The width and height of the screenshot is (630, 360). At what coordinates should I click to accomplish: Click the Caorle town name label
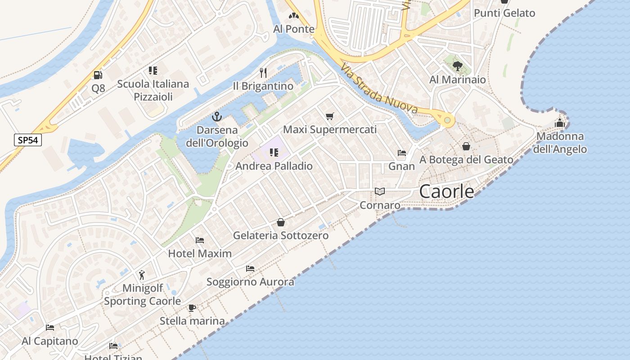(446, 192)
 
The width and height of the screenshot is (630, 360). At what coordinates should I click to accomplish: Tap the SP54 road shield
(27, 140)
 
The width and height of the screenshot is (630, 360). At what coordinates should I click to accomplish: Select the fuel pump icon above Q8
(98, 75)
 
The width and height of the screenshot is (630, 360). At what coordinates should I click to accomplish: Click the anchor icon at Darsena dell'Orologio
(217, 117)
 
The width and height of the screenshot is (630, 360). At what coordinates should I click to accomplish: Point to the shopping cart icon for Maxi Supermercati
(330, 117)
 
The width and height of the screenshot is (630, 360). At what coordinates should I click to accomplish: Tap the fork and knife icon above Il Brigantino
(263, 72)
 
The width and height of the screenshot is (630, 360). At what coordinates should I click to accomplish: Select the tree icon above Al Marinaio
(458, 66)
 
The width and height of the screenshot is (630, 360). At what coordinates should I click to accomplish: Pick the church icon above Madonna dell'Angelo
(560, 122)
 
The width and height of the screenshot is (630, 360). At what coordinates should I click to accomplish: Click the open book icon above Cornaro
(380, 192)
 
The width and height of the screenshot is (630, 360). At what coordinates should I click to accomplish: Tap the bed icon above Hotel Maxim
(200, 240)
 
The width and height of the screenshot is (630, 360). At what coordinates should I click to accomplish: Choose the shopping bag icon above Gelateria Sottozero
(281, 222)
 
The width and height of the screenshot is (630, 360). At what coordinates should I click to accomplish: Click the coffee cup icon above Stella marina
(192, 308)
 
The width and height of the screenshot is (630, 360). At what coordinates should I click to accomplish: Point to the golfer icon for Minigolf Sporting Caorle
(142, 274)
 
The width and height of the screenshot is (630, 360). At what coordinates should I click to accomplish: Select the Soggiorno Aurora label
(250, 282)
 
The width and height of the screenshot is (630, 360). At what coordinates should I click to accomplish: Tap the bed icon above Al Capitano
(50, 327)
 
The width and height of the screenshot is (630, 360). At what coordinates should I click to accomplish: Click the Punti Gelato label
(504, 13)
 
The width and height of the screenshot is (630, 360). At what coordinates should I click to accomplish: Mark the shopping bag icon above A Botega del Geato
(466, 146)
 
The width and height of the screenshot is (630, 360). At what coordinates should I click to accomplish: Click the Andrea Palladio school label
(274, 166)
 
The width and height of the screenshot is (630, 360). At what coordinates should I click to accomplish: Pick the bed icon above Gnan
(402, 153)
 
